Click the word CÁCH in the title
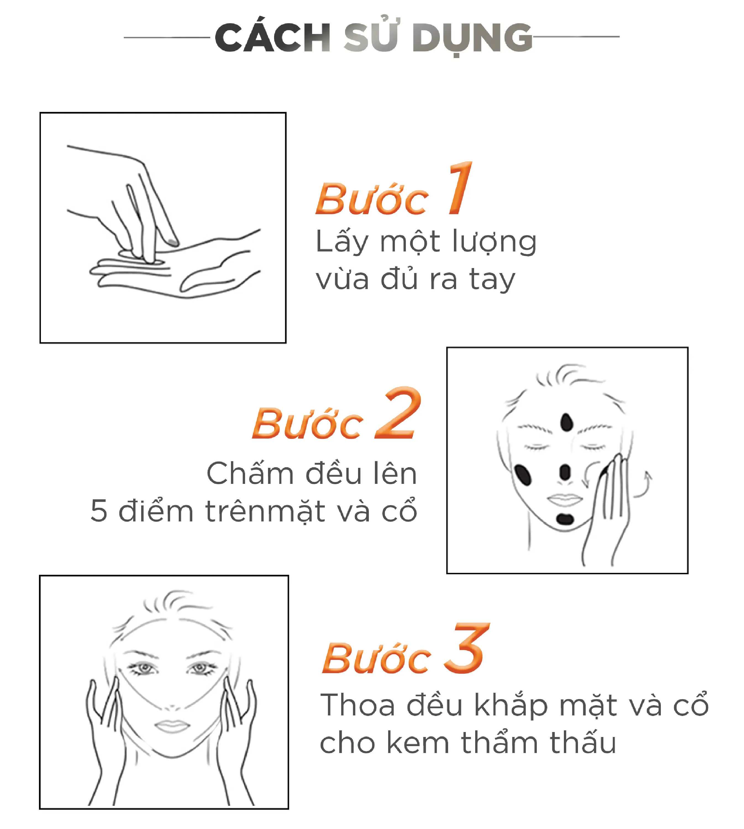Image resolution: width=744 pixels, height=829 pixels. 273,37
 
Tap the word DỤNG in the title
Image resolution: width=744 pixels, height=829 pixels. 472,39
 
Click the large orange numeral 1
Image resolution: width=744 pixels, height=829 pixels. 460,188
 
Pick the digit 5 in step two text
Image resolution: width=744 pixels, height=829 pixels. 99,511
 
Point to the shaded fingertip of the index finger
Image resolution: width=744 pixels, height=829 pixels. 173,242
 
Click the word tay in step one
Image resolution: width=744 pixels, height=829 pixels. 492,280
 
